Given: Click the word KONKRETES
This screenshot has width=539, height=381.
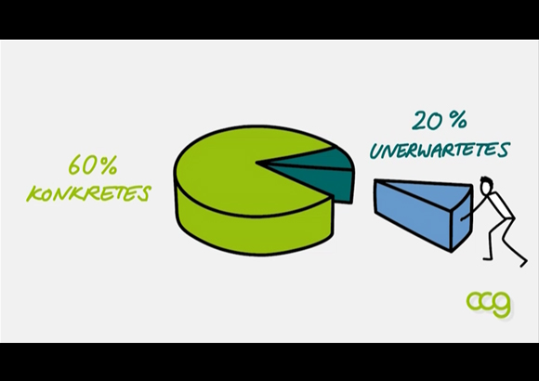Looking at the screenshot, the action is point(88,193).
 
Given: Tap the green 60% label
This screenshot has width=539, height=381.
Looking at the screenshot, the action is point(93,165).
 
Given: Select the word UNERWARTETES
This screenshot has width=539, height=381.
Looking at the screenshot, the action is point(440,150).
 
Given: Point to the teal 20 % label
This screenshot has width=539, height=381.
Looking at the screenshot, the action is point(440,121).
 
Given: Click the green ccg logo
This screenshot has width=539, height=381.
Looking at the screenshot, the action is point(489,303).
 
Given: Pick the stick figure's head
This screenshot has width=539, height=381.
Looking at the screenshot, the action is point(486,186).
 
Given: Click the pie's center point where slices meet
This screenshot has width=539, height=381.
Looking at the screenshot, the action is point(257,162).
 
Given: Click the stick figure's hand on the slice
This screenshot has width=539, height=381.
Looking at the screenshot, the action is point(463,218).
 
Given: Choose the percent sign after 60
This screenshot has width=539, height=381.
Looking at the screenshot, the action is point(110,165).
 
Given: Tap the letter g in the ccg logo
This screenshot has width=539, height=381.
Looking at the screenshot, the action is point(502,305).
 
